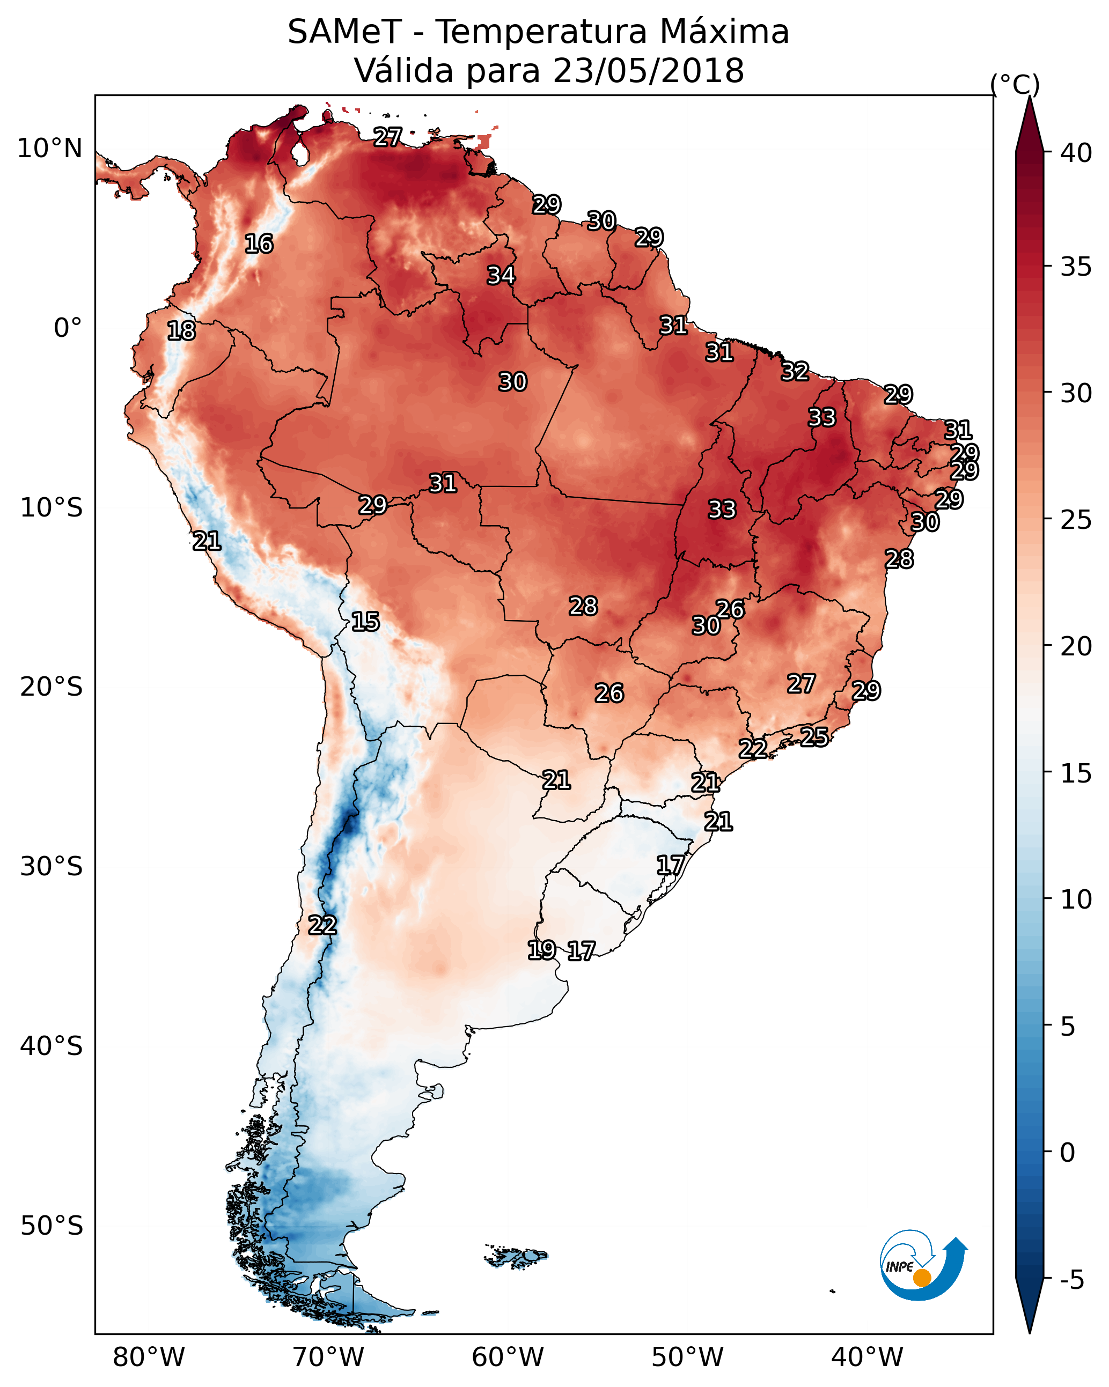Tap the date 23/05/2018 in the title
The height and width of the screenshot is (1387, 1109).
click(648, 71)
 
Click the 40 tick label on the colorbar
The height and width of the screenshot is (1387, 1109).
click(1076, 153)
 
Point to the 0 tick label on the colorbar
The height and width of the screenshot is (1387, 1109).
click(1067, 1153)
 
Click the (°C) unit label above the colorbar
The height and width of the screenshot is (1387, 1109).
click(1015, 84)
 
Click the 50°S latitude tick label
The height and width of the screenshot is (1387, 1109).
click(52, 1226)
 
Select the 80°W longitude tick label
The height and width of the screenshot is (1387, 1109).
click(149, 1357)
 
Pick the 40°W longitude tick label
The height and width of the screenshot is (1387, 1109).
click(867, 1357)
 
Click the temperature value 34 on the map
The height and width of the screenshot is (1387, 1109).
click(501, 275)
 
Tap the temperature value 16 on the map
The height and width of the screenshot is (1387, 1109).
click(259, 244)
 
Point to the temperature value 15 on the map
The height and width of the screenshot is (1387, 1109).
click(365, 622)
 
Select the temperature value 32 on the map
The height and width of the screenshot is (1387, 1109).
click(795, 371)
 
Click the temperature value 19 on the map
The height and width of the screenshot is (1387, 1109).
click(541, 949)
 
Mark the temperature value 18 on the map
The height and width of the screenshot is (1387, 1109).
click(181, 331)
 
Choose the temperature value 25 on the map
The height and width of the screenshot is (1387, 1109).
click(814, 736)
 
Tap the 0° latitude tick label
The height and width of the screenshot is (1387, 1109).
click(68, 328)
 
